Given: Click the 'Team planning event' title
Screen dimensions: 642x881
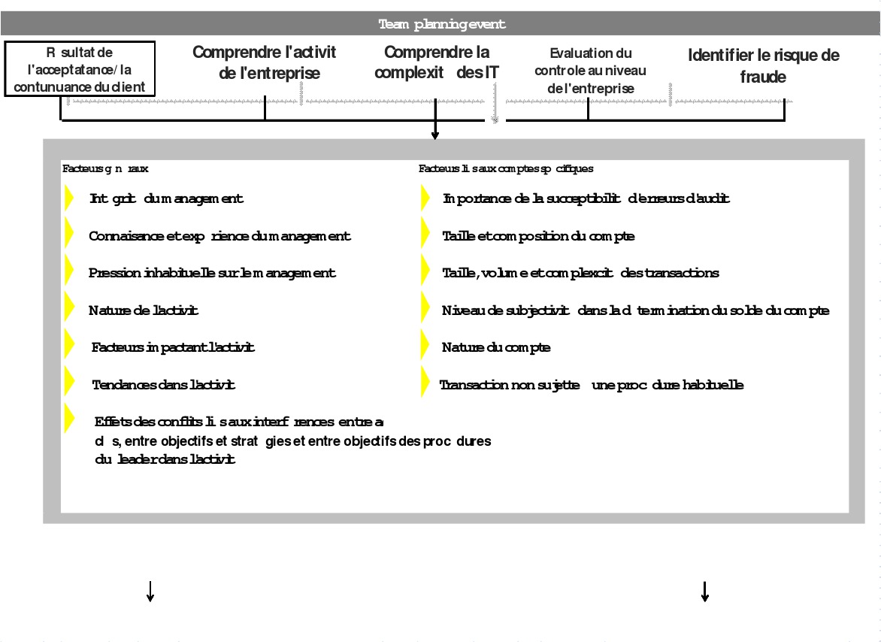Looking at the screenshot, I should click(442, 24).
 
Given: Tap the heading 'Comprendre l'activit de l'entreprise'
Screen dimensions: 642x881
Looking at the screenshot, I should click(265, 62).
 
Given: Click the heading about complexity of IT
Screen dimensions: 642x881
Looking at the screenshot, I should click(436, 62).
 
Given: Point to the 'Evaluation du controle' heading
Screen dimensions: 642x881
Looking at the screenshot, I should click(591, 71).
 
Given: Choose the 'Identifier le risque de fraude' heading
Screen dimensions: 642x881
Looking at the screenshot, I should click(763, 65).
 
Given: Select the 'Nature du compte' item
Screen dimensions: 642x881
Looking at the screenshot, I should click(496, 347).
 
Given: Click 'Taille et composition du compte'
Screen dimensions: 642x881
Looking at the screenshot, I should click(538, 236).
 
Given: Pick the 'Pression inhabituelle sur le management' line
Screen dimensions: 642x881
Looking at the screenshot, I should click(212, 273).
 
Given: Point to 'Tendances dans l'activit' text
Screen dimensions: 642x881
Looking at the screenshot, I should click(163, 385).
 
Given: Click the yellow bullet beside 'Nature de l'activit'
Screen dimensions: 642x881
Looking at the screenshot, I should click(69, 306).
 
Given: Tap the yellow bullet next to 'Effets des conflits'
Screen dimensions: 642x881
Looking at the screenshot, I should click(69, 416).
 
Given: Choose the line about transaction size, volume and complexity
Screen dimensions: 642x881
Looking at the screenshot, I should click(580, 273).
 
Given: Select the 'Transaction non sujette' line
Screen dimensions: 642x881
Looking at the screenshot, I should click(592, 385).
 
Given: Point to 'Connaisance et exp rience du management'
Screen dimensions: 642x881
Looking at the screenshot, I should click(219, 236).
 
